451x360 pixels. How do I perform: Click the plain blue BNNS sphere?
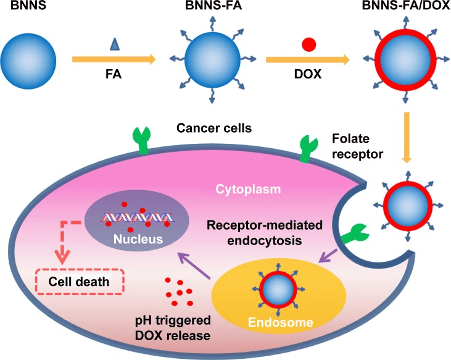click(28, 61)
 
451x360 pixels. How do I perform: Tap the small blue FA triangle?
click(115, 44)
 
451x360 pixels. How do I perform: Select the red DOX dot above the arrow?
click(309, 45)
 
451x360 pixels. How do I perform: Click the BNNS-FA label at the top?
click(213, 6)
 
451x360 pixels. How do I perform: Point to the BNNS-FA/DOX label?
click(406, 6)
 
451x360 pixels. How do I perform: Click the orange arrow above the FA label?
click(114, 60)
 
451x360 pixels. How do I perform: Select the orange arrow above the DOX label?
click(308, 60)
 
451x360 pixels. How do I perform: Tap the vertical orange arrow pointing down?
click(406, 138)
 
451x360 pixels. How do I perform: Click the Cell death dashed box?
click(80, 282)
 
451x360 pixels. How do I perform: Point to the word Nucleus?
click(138, 239)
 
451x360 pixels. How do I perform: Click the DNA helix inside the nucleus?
click(138, 218)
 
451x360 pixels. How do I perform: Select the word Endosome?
click(280, 322)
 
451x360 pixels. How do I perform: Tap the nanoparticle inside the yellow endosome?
click(278, 289)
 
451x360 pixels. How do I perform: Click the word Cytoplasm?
click(248, 189)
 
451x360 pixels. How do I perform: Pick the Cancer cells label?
click(214, 128)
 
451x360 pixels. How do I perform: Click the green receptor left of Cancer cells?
click(142, 141)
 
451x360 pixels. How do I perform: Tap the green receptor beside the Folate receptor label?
click(307, 149)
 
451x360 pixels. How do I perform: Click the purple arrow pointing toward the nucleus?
click(194, 266)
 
